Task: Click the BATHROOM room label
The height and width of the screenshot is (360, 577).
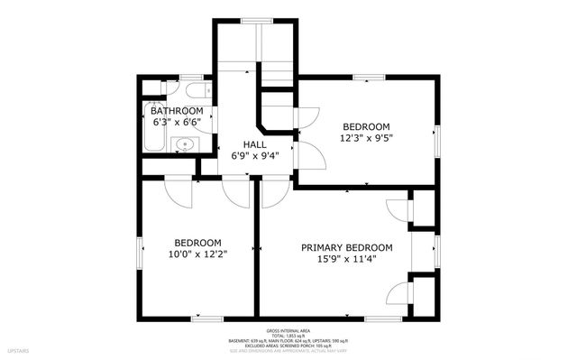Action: click(176, 111)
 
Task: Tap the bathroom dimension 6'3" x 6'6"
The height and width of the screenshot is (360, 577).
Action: click(176, 122)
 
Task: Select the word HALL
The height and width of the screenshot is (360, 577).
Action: click(254, 143)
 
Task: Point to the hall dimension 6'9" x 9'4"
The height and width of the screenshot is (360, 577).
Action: click(254, 155)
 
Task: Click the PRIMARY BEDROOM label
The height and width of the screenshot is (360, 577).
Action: click(347, 248)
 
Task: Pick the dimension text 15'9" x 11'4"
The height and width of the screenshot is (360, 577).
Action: click(347, 260)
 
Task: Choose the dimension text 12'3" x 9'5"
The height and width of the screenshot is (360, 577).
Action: click(365, 138)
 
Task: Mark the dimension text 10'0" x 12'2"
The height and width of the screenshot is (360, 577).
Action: click(197, 254)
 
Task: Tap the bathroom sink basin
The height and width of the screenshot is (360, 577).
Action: click(186, 143)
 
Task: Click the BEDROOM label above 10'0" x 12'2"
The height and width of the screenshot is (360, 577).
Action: click(197, 243)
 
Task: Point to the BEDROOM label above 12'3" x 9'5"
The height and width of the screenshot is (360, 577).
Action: click(365, 126)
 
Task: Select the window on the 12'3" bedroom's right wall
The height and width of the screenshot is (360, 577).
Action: click(438, 134)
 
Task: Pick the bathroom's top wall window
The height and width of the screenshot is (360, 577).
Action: click(190, 77)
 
